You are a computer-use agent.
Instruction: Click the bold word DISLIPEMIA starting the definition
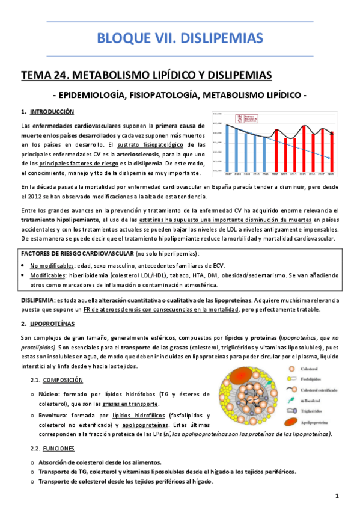tap(37, 300)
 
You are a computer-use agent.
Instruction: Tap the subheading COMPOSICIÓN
tap(63, 380)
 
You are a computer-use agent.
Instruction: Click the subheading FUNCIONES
tap(59, 449)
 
